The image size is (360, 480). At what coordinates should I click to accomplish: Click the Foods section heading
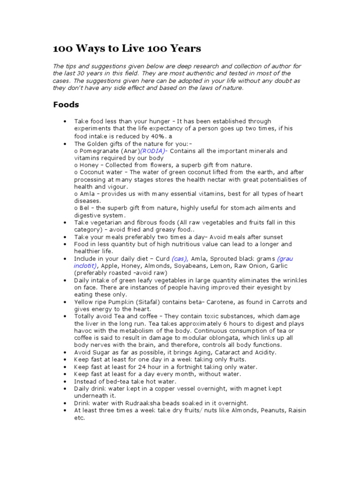[66, 105]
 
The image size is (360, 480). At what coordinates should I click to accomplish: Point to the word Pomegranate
[96, 151]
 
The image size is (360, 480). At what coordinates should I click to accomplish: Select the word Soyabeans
[194, 266]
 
